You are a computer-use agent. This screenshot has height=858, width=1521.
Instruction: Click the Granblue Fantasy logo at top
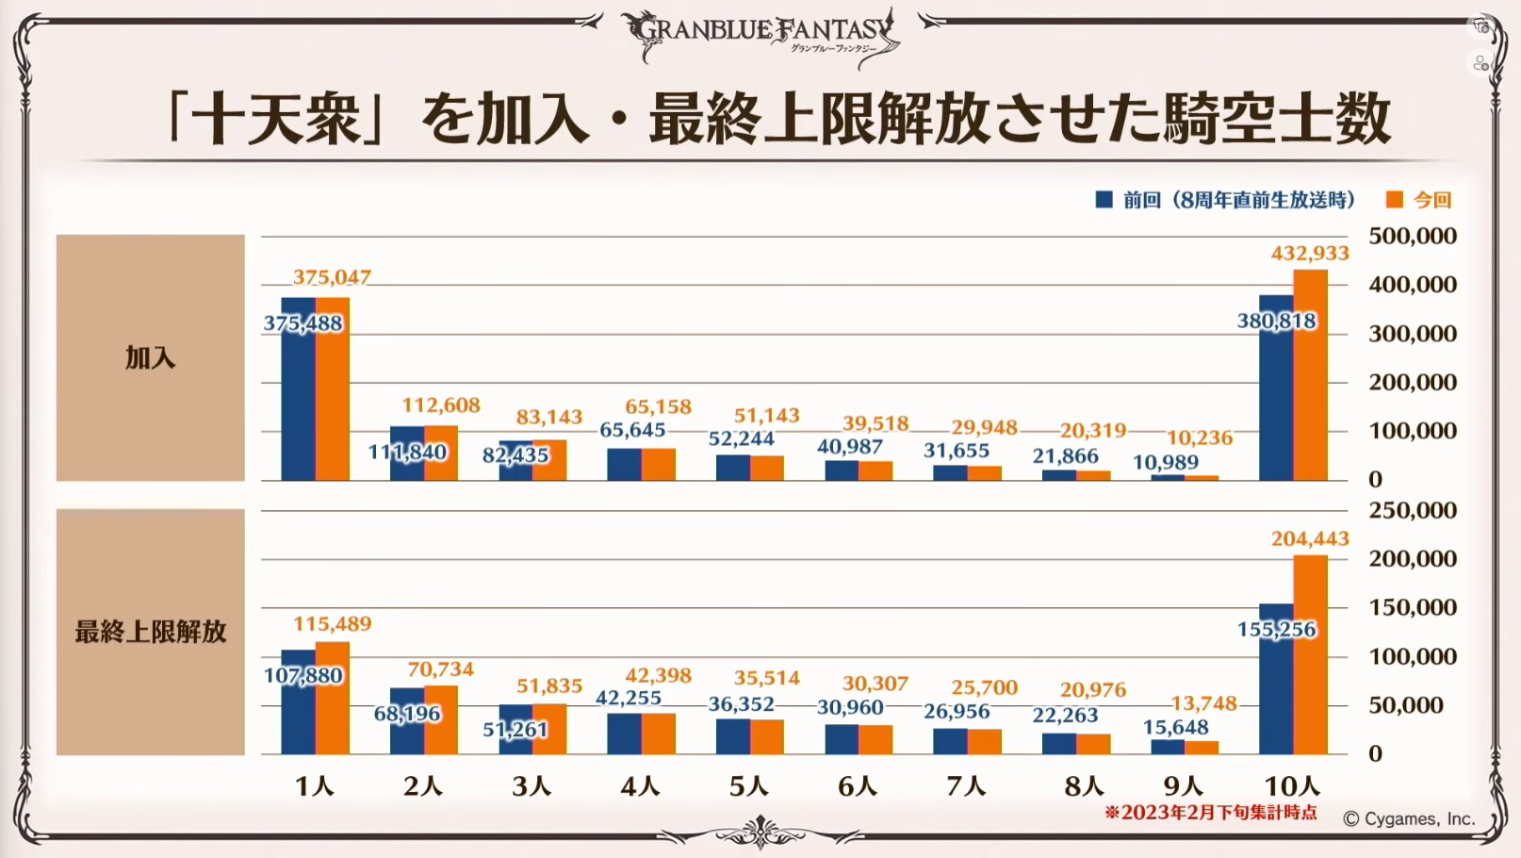coord(761,36)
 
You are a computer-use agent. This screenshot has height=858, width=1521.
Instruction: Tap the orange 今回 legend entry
coord(1419,200)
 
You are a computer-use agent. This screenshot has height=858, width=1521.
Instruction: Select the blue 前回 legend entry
coord(1225,200)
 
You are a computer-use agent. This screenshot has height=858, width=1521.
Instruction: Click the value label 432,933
coord(1310,254)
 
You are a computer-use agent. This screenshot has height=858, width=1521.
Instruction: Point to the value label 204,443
coord(1310,538)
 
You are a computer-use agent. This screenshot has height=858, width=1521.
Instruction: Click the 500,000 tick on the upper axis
coord(1412,236)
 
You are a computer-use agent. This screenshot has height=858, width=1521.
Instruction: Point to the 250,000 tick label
coord(1412,510)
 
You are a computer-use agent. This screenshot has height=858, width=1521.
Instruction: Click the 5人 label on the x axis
coord(749,785)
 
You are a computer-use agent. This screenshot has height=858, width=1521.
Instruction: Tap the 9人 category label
coord(1184,785)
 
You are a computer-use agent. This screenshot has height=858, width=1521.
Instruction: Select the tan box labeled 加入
coord(151,357)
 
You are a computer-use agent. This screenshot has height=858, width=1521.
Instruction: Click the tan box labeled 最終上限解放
coord(151,632)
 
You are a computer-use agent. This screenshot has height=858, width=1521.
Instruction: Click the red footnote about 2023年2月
coord(1211,813)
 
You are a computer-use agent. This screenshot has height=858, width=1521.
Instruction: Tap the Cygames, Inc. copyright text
coord(1409,818)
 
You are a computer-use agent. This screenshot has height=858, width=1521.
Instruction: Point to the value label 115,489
coord(332,623)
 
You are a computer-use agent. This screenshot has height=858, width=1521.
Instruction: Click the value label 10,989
coord(1166,462)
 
